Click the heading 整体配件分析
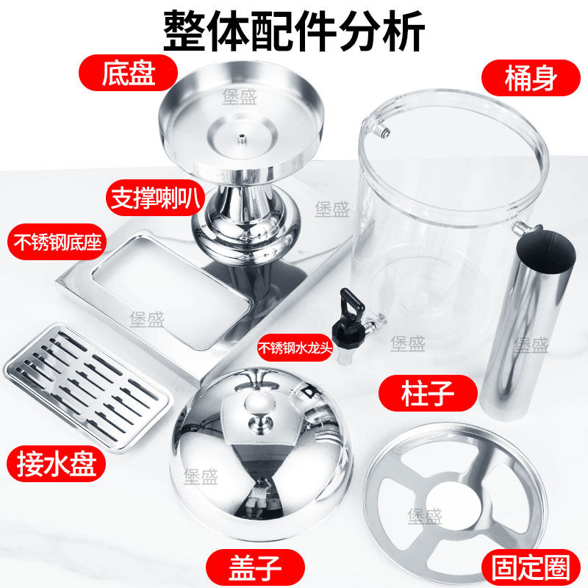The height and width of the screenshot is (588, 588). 294,30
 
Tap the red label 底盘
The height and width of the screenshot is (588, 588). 128,73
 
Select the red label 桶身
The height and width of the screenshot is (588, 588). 531,78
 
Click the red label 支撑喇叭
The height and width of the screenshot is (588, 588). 155,198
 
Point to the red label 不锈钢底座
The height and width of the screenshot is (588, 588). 57,242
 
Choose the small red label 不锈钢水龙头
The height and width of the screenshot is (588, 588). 295,348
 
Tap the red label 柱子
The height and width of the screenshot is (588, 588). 428,393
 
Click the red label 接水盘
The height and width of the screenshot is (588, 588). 57,464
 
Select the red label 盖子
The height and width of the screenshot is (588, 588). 255,567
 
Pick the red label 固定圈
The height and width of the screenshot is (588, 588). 531,567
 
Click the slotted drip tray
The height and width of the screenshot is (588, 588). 87,387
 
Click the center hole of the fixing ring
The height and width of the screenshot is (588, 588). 453,503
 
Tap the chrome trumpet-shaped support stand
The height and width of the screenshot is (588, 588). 245,221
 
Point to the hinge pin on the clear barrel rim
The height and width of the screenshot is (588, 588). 384,132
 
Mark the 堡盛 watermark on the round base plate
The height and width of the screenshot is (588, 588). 240,97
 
